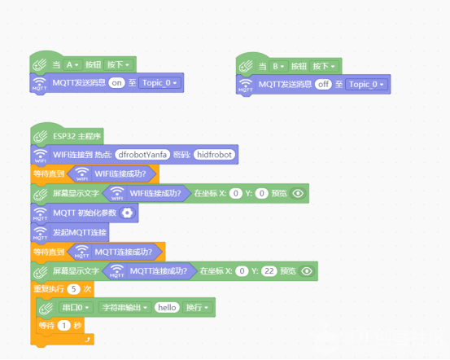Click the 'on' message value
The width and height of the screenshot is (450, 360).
point(116,83)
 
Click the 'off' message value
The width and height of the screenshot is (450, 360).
point(323,85)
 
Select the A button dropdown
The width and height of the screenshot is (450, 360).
point(72,65)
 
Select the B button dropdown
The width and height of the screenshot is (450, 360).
point(278,67)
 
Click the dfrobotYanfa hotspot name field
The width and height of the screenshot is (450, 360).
point(142,155)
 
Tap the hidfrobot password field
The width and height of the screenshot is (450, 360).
point(214,155)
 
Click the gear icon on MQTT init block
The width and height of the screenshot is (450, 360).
point(127,213)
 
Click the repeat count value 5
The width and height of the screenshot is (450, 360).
point(73,289)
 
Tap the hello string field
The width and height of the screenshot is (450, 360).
point(167,308)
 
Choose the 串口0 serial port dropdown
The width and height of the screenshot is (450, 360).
point(76,308)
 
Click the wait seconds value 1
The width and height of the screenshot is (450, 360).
point(64,326)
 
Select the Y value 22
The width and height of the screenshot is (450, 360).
point(269,271)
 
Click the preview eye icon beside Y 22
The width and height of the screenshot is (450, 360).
point(307,271)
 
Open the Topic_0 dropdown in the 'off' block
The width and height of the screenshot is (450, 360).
point(366,85)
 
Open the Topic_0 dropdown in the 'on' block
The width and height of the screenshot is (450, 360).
point(159,83)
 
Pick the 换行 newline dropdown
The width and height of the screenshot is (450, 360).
point(197,308)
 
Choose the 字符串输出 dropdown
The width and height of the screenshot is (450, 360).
point(125,308)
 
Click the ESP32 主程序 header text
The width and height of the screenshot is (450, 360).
point(77,136)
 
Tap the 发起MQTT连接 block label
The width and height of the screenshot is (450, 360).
point(80,232)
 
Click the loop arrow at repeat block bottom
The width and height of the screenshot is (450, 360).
point(88,340)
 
